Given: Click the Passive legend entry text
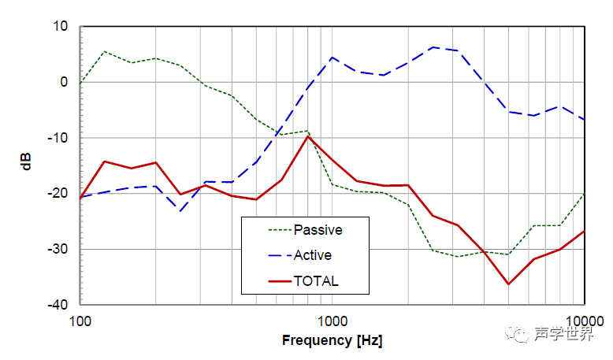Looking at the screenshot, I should (318, 231).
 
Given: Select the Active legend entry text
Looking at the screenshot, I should (313, 255).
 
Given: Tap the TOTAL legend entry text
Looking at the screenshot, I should (316, 280).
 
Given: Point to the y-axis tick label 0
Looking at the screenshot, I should (65, 82).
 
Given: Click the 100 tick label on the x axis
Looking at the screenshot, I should (80, 321).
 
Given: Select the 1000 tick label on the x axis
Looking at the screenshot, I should (333, 321).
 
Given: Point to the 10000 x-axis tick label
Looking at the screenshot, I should (583, 321).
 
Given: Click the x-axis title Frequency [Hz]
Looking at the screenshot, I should (332, 340).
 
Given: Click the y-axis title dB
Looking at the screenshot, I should (27, 165).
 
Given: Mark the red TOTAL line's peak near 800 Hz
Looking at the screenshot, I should (308, 136).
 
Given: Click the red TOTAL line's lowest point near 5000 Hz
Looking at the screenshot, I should (508, 284).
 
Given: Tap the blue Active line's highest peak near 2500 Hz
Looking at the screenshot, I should (433, 47).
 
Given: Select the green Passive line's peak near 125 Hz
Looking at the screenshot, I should (105, 52).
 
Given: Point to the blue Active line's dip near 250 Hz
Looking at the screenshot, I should (181, 211).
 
